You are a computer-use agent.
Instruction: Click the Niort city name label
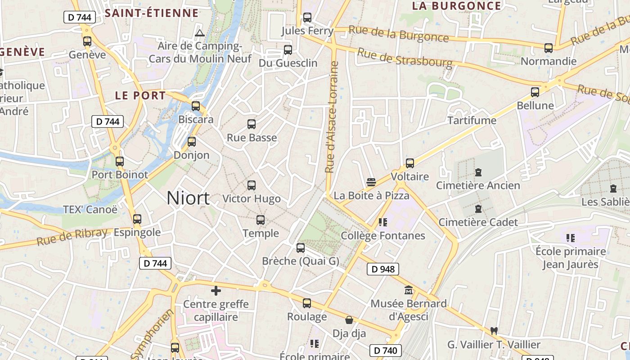point(188,198)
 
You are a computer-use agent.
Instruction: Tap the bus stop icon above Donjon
point(192,142)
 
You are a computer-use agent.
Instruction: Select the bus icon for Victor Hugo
point(252,185)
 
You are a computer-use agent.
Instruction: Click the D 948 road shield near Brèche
point(383,269)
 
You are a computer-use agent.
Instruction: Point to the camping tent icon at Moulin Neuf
point(200,33)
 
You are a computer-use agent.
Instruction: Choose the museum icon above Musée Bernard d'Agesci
point(409,290)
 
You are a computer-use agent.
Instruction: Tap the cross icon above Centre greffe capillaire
point(216,291)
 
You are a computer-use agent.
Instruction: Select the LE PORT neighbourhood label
point(140,95)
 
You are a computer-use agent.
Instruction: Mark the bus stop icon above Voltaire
point(410,163)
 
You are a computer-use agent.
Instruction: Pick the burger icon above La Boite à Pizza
point(371,182)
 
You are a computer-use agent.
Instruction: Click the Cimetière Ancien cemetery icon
point(478,172)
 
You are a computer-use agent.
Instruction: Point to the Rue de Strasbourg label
point(405,58)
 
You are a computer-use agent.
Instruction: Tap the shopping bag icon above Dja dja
point(349,320)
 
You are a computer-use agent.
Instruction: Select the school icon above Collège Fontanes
point(383,222)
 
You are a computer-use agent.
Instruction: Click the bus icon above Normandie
point(548,48)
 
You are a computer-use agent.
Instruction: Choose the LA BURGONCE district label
point(456,6)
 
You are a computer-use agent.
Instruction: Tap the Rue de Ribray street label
point(72,236)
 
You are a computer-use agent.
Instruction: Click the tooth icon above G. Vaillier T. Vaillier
point(494,331)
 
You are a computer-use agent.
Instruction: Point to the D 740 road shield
point(386,350)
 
